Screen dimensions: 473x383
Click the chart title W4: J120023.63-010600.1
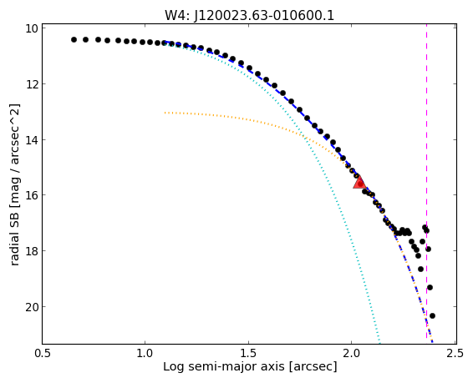click(249, 15)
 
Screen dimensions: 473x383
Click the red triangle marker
click(359, 183)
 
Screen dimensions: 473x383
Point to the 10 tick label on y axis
click(32, 28)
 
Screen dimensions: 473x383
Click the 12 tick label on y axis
click(32, 83)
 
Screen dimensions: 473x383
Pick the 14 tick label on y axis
click(32, 139)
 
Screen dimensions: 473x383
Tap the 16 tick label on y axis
click(32, 195)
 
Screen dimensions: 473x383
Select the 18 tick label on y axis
click(32, 251)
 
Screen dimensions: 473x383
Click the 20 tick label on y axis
click(32, 307)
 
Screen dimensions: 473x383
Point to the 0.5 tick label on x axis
click(43, 353)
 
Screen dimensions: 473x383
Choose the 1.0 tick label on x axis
click(145, 353)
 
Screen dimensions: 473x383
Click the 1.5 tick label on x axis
click(248, 353)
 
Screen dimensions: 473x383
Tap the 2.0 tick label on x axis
click(352, 353)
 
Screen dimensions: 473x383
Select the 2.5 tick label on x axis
click(455, 353)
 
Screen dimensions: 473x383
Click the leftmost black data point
click(74, 39)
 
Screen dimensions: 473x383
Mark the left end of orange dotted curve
click(165, 113)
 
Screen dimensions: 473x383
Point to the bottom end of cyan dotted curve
click(379, 342)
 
